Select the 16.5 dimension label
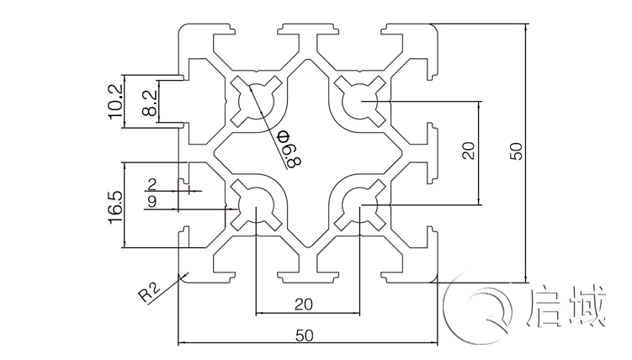point(116,206)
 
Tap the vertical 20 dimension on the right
point(470,151)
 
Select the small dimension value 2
point(151,183)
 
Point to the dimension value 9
point(151,201)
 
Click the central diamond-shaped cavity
point(308,153)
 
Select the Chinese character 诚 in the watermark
point(587,308)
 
